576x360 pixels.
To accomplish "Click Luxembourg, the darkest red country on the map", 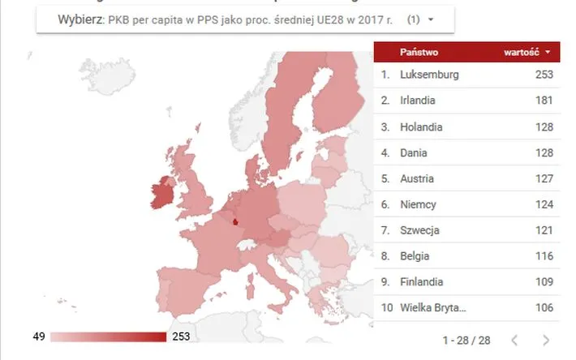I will pos(235,220).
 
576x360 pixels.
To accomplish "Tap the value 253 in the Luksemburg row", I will pos(544,75).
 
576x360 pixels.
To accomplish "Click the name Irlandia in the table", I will pos(419,101).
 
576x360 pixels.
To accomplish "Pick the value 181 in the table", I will pos(544,101).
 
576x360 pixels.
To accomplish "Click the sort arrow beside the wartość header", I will pos(548,52).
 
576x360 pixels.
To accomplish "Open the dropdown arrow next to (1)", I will pos(430,18).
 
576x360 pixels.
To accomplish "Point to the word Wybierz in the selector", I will pos(80,18).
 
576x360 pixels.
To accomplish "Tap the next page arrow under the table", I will pos(546,340).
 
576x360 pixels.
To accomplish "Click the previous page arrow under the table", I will pos(514,340).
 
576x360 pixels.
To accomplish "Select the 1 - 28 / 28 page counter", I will pos(466,340).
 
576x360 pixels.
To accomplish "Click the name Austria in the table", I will pos(418,178).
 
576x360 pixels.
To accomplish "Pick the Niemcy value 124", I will pos(544,204).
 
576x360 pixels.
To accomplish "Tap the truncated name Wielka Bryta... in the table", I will pos(434,307).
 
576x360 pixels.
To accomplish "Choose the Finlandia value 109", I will pos(544,281).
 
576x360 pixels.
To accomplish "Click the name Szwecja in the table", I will pos(420,230).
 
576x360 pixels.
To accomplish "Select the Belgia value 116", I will pos(544,256).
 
